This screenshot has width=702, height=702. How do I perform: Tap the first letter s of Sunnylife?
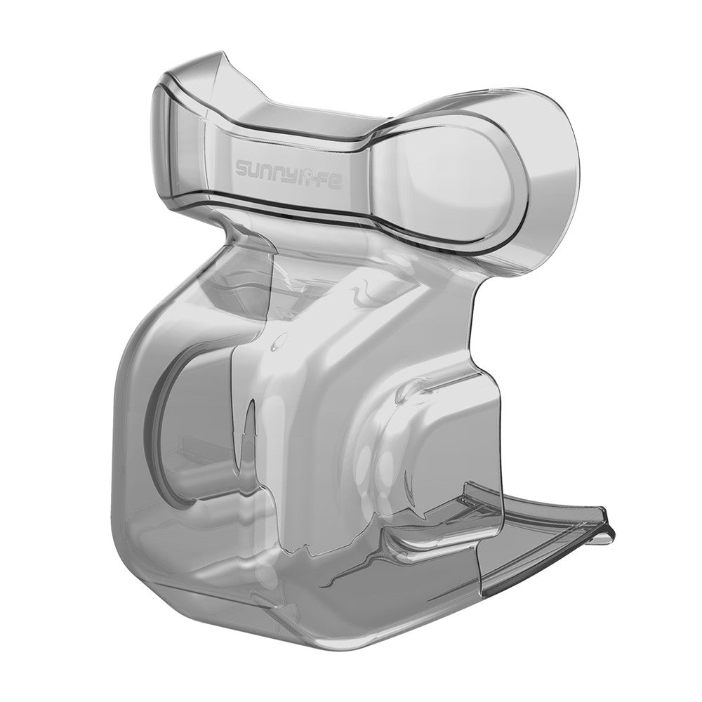pos(244,169)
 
